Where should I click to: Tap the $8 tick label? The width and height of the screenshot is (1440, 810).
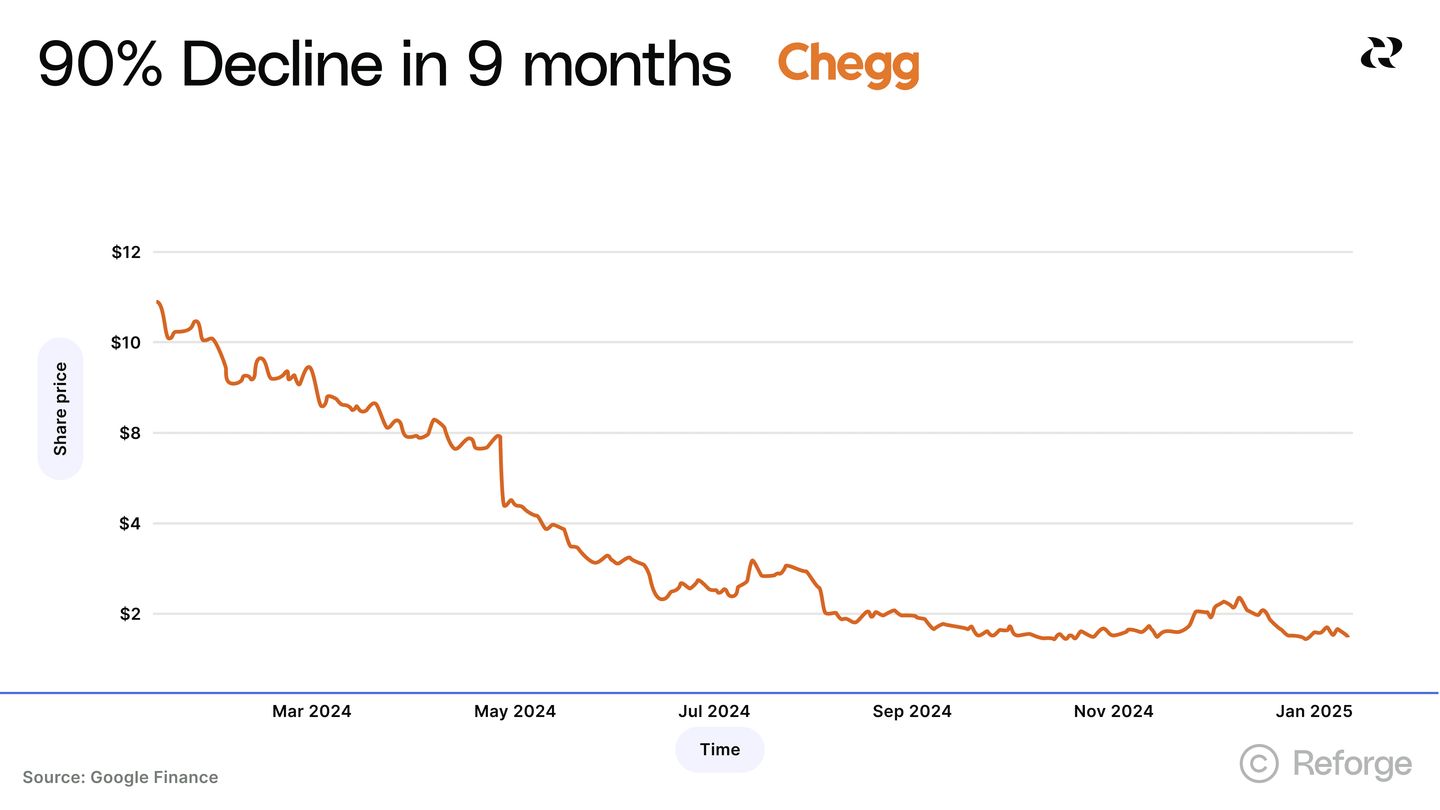click(x=130, y=433)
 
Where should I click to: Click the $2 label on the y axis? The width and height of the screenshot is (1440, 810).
click(x=130, y=614)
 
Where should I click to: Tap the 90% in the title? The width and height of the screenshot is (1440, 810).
click(x=100, y=64)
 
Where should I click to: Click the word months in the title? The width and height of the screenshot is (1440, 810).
click(x=626, y=64)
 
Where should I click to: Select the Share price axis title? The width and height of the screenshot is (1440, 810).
click(x=60, y=409)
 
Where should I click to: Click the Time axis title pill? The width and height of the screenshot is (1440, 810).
click(x=720, y=749)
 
